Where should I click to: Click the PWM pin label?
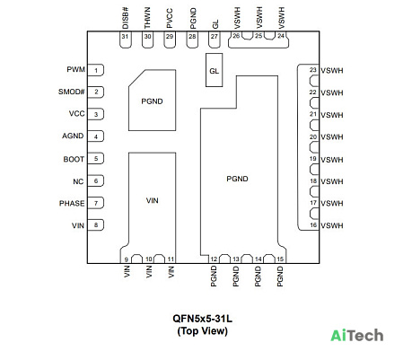(x=75, y=69)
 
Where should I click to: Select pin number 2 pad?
(x=96, y=92)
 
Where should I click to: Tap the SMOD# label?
(x=71, y=92)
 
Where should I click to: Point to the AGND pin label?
(x=73, y=136)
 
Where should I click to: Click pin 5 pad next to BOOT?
(x=96, y=158)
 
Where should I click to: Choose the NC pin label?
(x=78, y=181)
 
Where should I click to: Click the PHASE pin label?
(x=72, y=204)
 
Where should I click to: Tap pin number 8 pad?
(x=96, y=224)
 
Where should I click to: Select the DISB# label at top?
(x=126, y=18)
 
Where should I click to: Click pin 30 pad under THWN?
(x=147, y=40)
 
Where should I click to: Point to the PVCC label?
(x=170, y=19)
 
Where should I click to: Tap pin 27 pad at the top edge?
(x=214, y=40)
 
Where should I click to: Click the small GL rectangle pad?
(x=214, y=70)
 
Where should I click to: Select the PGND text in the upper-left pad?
(x=152, y=101)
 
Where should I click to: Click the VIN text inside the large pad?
(x=152, y=200)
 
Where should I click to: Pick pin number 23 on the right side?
(x=312, y=70)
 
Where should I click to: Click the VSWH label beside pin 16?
(x=332, y=225)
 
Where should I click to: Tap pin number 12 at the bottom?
(x=214, y=259)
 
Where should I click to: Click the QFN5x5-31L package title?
(x=203, y=319)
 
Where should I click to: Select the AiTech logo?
(x=357, y=335)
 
